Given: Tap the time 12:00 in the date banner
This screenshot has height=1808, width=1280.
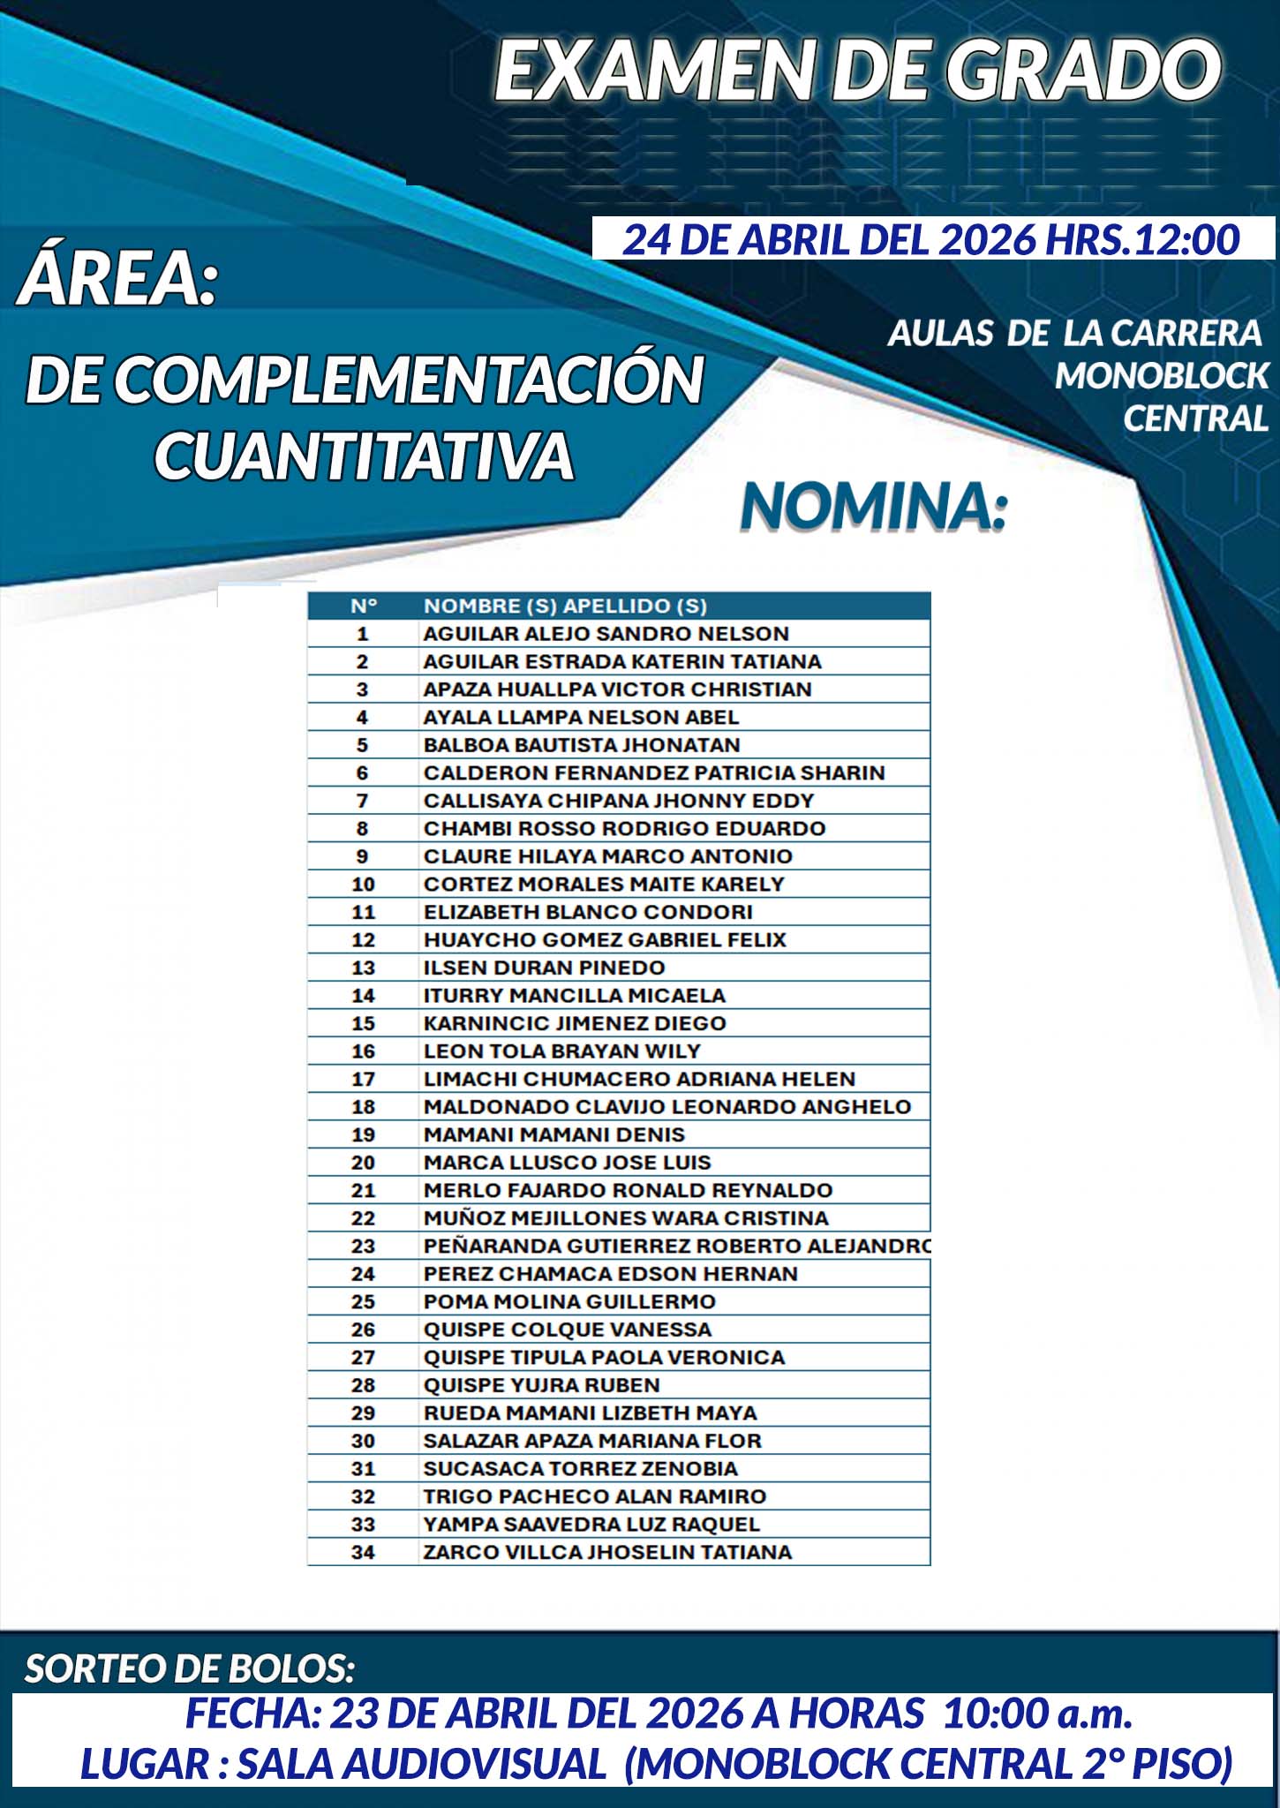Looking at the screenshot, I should (x=1186, y=240).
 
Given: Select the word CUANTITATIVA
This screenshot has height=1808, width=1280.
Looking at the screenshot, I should (x=365, y=456).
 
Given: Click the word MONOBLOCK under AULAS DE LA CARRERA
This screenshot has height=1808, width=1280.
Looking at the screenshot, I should (x=1161, y=376).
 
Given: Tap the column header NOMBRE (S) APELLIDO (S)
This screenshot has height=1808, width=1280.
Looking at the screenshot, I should (x=565, y=606).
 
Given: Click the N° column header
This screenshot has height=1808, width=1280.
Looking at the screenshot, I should (x=363, y=606).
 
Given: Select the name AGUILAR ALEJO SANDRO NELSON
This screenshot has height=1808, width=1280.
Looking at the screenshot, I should (x=606, y=634).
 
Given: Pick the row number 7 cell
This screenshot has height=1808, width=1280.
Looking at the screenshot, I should (x=362, y=801).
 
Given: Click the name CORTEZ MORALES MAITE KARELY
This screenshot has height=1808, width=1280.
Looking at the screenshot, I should (x=604, y=884).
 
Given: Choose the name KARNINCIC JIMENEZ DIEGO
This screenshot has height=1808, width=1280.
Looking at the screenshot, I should (x=575, y=1023).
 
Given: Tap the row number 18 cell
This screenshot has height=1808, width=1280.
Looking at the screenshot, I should (x=363, y=1107).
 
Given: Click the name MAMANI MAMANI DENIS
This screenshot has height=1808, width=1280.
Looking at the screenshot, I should (x=554, y=1134).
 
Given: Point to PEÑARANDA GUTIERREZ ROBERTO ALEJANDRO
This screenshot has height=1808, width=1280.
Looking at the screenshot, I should (x=677, y=1246).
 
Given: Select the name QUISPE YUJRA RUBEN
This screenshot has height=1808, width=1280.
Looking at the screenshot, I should (x=542, y=1385).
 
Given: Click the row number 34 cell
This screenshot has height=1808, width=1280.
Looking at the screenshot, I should (x=363, y=1552).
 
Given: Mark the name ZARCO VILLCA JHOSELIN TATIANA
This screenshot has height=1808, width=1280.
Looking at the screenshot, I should (x=607, y=1552).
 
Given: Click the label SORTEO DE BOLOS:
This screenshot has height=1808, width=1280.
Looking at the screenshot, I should (x=190, y=1669).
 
